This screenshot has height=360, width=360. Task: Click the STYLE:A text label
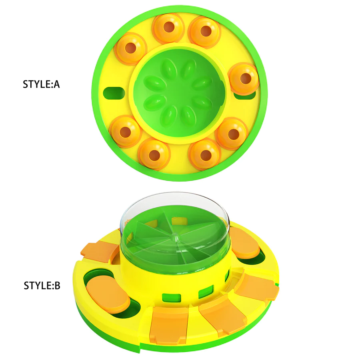coord(41,85)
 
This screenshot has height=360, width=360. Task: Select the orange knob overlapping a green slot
coord(244,79)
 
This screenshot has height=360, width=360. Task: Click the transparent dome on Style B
coord(132,224)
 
